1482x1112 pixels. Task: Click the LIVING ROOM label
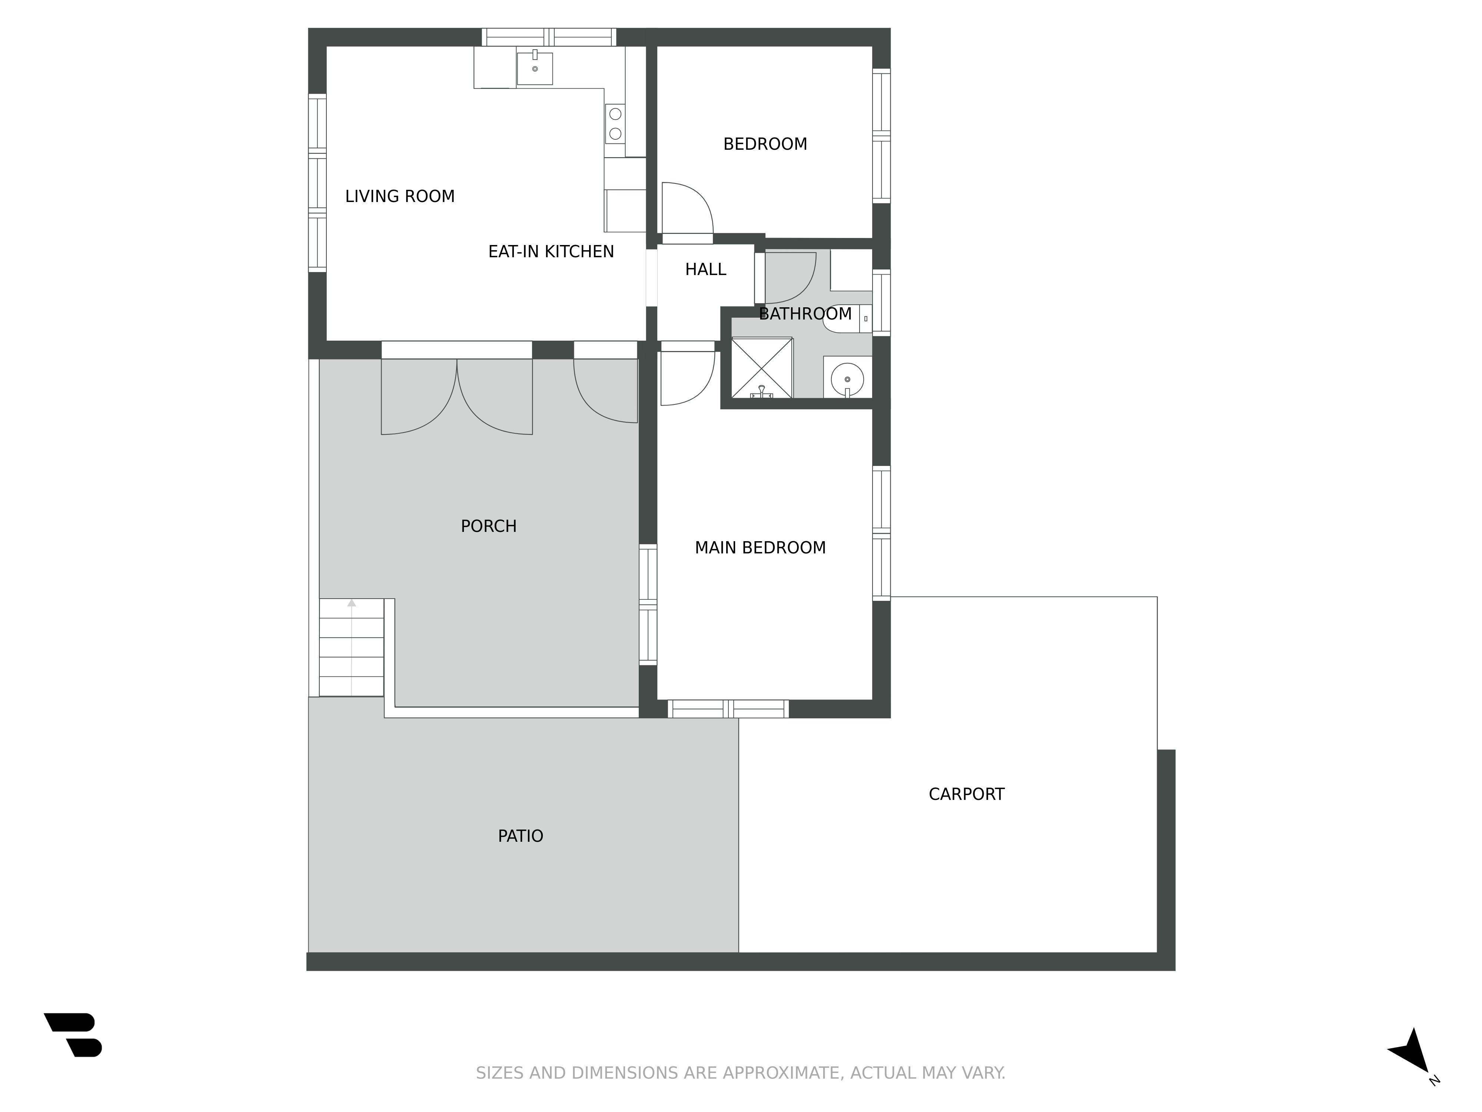tap(400, 196)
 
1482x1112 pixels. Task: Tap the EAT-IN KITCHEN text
tap(551, 251)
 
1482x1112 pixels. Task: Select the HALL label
tap(705, 269)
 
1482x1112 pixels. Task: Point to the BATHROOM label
tap(805, 314)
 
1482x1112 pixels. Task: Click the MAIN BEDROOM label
tap(760, 547)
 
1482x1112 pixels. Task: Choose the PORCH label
tap(488, 526)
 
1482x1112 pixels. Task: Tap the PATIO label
tap(521, 836)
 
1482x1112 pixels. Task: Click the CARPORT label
tap(966, 794)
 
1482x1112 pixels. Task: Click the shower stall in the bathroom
tap(762, 368)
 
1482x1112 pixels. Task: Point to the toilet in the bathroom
tap(848, 319)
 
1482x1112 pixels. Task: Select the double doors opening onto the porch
tap(457, 397)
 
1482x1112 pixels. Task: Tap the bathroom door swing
tap(790, 278)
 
